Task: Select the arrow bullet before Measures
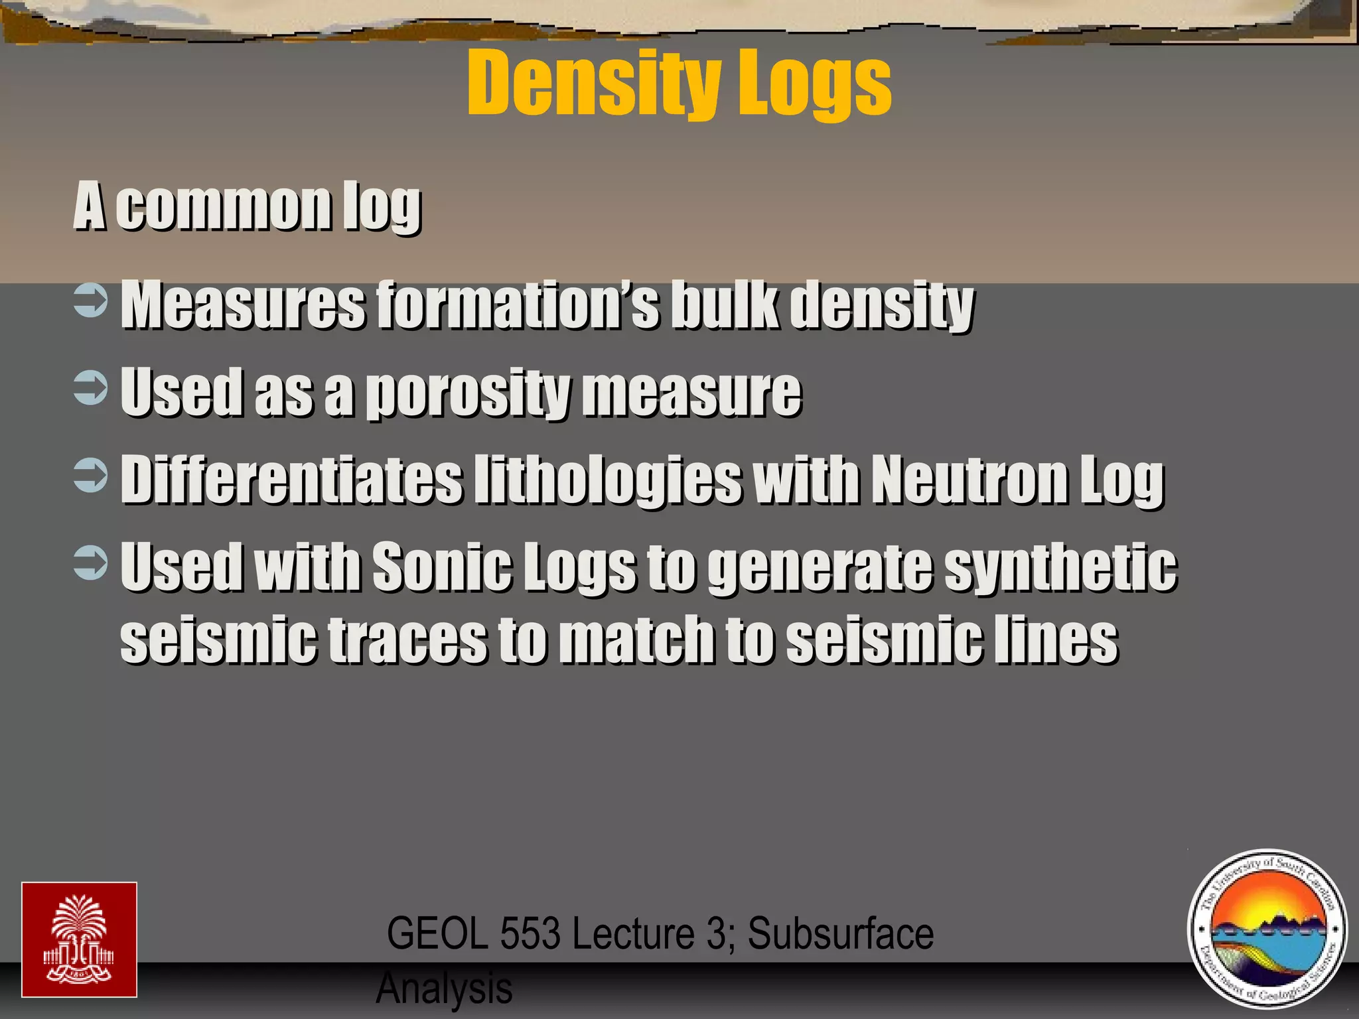pos(90,301)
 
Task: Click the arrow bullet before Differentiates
pos(90,476)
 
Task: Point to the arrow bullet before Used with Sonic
pos(90,563)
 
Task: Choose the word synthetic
pos(1060,567)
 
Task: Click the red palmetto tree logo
pos(79,939)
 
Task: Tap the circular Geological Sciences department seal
pos(1267,929)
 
